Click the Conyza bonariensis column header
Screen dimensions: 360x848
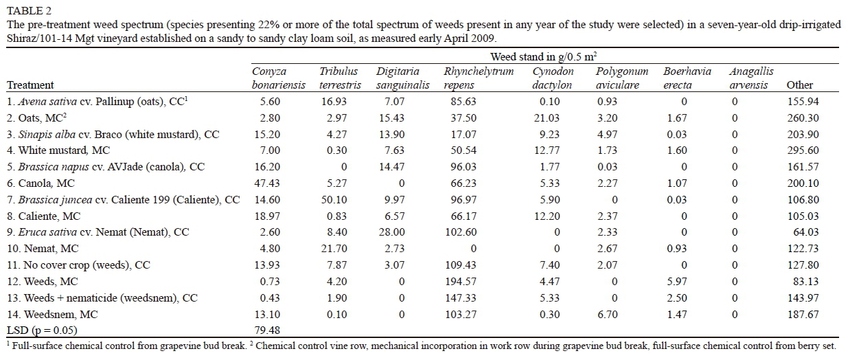(269, 78)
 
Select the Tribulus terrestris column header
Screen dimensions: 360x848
(339, 78)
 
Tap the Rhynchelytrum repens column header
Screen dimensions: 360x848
(479, 78)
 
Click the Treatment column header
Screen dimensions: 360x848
(30, 85)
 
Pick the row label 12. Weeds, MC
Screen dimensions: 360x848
(42, 282)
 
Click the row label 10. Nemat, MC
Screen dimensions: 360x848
(43, 249)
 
